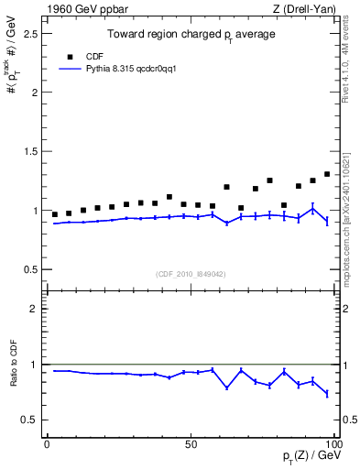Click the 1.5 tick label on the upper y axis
(30, 151)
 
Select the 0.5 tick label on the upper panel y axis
(30, 269)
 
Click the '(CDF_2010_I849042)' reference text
(191, 273)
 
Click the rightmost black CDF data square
(327, 174)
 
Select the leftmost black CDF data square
(55, 214)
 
